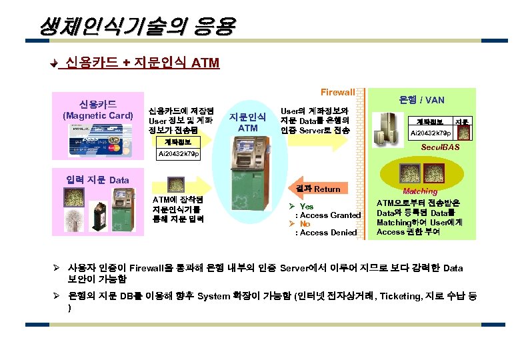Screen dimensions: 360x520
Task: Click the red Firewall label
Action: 337,91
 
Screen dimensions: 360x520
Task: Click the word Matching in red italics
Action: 420,191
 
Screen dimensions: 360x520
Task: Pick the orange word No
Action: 305,224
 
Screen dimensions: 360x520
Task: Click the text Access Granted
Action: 332,215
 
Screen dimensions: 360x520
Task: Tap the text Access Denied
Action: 331,233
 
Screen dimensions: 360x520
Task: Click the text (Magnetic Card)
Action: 98,116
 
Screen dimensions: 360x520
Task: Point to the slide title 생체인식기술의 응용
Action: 137,27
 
